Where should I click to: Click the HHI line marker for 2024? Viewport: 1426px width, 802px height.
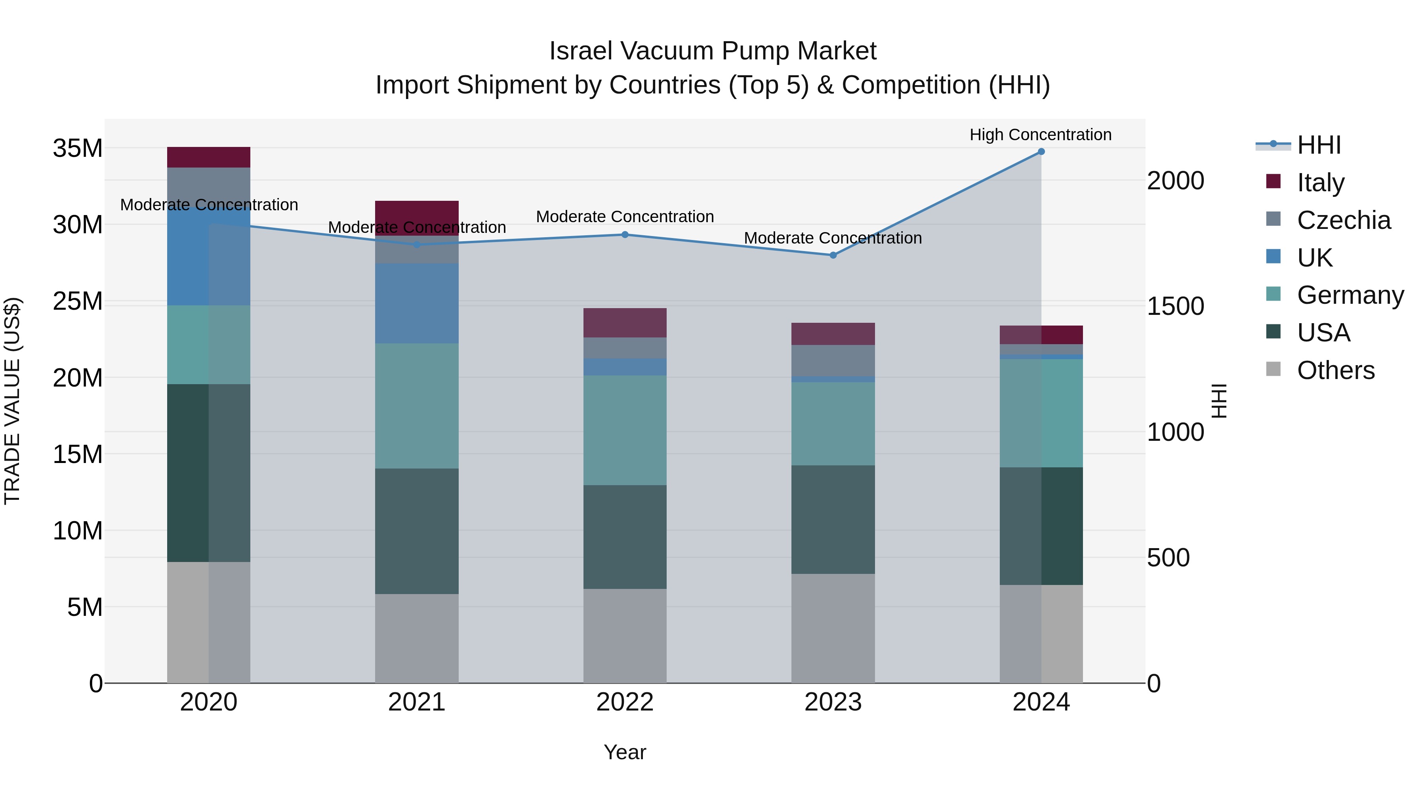point(1041,152)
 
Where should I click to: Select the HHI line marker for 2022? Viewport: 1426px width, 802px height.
point(625,235)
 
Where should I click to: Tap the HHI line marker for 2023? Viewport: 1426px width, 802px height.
point(833,255)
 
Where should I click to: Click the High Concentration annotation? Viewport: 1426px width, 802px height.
point(1040,135)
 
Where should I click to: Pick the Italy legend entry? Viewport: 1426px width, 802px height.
point(1320,183)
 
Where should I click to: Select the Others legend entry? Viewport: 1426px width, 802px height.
point(1335,370)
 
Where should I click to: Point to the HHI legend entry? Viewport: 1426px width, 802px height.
point(1319,145)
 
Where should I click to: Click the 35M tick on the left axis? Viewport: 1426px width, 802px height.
point(78,149)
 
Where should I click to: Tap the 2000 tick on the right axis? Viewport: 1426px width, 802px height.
point(1175,181)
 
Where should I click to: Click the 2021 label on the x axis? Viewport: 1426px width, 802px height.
point(417,702)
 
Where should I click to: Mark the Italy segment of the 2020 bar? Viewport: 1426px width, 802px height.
point(209,157)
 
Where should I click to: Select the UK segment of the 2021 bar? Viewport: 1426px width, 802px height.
point(417,303)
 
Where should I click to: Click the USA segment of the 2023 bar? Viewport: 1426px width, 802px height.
point(833,519)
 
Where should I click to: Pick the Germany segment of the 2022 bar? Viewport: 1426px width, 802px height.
point(625,430)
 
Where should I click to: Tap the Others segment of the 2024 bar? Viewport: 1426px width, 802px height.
point(1041,634)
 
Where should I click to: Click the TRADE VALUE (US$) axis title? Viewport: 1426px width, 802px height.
point(12,401)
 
